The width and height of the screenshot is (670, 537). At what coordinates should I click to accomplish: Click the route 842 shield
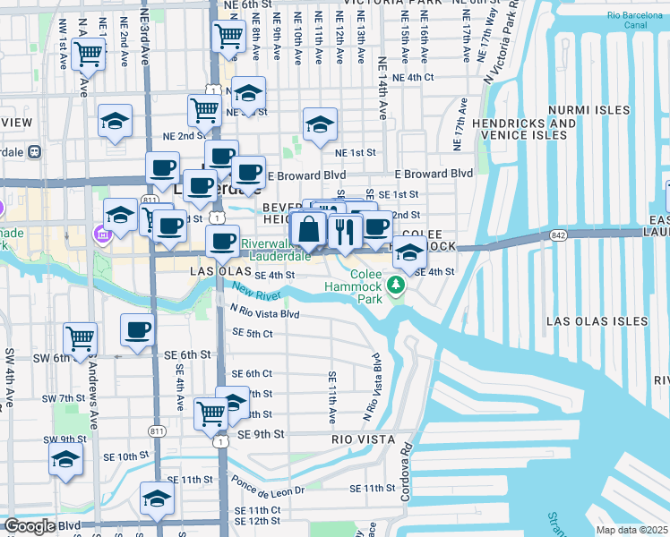pos(559,234)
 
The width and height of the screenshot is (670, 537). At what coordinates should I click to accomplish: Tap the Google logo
pos(30,526)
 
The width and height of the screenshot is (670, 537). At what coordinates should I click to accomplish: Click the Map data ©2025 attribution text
pos(632,530)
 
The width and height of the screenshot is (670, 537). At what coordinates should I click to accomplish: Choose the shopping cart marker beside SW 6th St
pos(80,338)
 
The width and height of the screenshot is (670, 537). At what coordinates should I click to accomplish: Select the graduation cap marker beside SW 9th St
pos(65,459)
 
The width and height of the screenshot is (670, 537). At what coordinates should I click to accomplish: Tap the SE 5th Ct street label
pos(252,333)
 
